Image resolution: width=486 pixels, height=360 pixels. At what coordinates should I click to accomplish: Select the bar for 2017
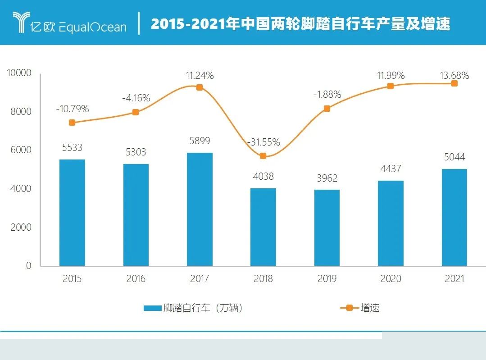point(200,210)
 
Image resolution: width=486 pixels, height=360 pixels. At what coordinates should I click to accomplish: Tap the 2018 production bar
point(263,227)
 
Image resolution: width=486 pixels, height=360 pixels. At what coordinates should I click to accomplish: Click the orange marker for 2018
point(263,156)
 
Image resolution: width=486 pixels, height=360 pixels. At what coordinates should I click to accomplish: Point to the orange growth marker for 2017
point(200,87)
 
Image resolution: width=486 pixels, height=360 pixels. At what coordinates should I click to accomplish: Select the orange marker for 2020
point(391,86)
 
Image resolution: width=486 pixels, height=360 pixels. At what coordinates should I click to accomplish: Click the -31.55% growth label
point(263,142)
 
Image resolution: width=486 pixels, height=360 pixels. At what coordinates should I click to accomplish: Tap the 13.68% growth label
point(454,75)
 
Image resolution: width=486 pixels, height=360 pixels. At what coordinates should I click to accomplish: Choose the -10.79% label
point(73,109)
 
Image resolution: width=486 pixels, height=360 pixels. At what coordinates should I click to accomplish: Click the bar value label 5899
point(200,141)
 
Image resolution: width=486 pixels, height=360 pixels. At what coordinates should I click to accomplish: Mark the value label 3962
point(327,178)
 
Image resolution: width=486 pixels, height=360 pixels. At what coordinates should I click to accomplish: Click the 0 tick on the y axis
point(28,266)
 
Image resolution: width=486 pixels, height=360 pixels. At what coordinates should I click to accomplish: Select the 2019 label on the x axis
point(327,279)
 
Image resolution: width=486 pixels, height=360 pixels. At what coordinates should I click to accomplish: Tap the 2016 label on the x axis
point(136,279)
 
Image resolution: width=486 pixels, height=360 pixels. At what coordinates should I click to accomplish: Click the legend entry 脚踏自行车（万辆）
point(194,308)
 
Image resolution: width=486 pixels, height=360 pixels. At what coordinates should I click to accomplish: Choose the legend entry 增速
point(360,308)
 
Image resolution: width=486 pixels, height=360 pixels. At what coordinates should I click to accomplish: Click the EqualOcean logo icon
point(21,23)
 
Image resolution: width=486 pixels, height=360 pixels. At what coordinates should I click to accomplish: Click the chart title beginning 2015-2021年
point(300,24)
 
